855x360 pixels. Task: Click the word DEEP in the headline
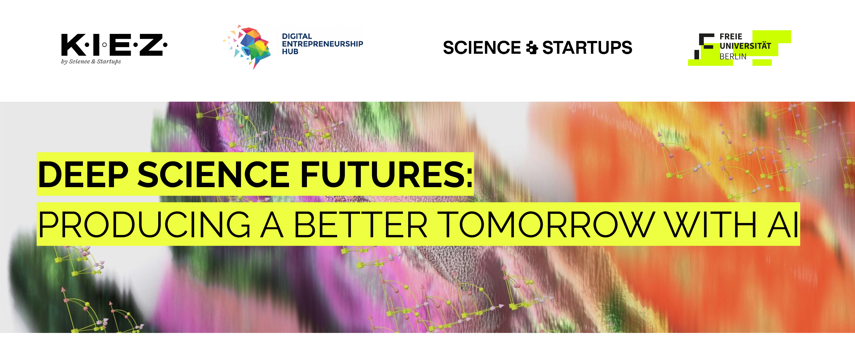click(x=83, y=174)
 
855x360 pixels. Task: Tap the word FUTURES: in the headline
click(x=387, y=174)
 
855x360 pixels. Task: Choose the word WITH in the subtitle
click(x=711, y=225)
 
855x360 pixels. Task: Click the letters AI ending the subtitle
click(x=783, y=225)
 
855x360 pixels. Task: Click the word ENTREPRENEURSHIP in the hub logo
click(x=322, y=44)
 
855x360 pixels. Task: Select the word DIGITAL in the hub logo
click(x=297, y=36)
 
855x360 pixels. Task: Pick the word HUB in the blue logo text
click(x=290, y=52)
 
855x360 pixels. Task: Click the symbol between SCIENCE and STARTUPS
click(x=532, y=48)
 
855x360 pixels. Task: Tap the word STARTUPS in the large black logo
click(x=587, y=48)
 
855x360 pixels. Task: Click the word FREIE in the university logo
click(x=730, y=36)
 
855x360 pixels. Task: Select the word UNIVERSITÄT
click(x=745, y=46)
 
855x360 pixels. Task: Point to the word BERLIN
click(x=733, y=57)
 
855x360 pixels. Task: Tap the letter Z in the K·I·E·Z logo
click(x=151, y=44)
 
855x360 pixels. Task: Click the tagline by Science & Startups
click(x=91, y=62)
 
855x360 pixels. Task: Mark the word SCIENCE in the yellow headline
click(x=214, y=174)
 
